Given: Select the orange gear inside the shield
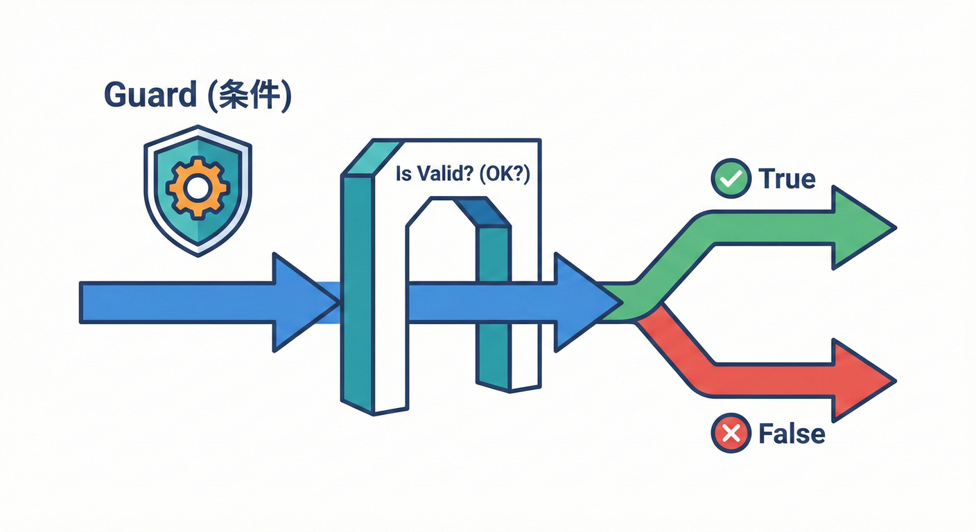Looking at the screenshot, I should click(x=198, y=188).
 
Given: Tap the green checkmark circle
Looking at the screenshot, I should click(x=731, y=179).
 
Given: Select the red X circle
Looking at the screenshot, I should click(x=731, y=434).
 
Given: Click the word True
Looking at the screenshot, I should click(x=787, y=179).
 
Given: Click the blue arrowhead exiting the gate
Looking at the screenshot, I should click(x=581, y=302).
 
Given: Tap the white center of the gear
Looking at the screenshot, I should click(x=198, y=187).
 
